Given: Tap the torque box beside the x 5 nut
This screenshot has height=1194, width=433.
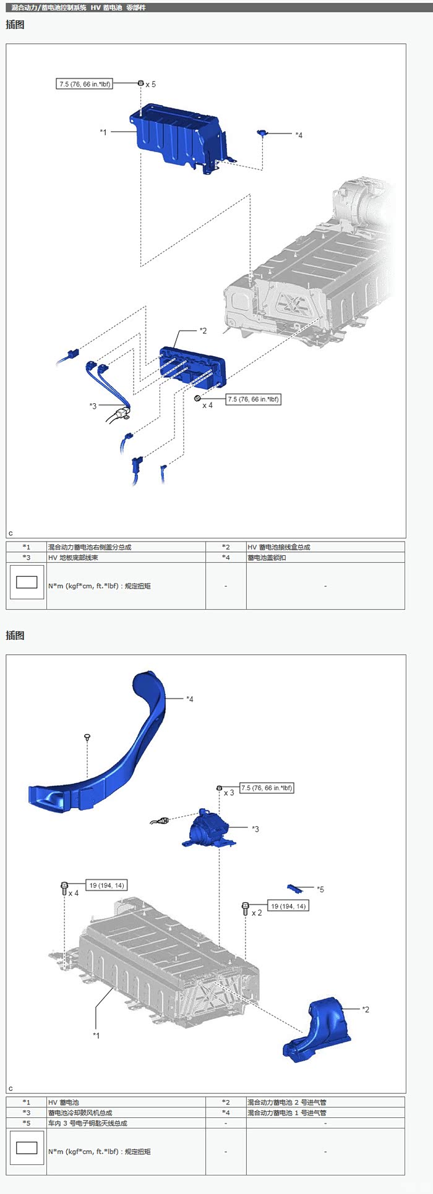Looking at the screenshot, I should tap(85, 83).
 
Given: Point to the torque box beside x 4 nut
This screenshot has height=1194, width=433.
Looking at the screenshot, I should tap(254, 399).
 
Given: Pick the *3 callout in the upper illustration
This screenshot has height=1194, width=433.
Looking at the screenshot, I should tap(93, 406).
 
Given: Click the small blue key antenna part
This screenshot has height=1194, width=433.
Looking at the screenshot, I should tap(294, 889).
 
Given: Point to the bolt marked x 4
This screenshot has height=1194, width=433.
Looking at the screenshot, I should tap(64, 889).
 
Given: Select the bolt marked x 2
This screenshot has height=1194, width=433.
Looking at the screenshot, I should tap(246, 908).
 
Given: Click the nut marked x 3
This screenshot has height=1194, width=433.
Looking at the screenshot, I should tap(219, 788).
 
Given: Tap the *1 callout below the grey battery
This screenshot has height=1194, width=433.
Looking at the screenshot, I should tap(96, 1035).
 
